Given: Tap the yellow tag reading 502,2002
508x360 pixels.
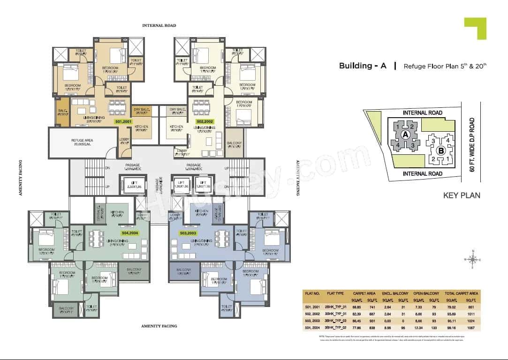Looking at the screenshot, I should (205, 121).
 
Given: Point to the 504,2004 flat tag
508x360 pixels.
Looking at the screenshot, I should (130, 232).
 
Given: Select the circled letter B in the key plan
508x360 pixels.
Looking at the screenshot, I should (440, 151).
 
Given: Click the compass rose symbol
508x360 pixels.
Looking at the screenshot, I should (473, 259).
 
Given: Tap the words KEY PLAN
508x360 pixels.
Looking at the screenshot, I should (462, 195).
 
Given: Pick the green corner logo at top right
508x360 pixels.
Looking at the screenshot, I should (475, 28).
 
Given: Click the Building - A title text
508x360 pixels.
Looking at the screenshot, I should (363, 66).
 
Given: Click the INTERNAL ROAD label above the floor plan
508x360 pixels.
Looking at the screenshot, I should (159, 25).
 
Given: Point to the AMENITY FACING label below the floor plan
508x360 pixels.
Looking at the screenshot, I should (159, 326).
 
